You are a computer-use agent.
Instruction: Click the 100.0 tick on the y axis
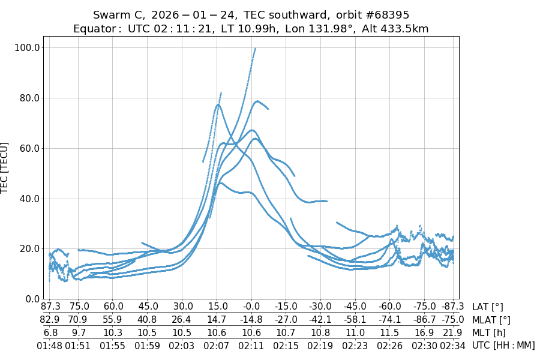point(28,47)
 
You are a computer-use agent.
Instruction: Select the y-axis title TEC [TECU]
point(5,168)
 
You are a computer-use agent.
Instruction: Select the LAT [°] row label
point(488,307)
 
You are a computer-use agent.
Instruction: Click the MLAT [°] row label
point(491,320)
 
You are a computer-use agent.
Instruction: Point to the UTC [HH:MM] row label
point(503,346)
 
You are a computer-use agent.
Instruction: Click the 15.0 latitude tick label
point(217,307)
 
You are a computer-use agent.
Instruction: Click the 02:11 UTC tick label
point(251,346)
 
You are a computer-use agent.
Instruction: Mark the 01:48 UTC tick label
point(49,346)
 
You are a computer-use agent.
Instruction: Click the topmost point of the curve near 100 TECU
point(255,49)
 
